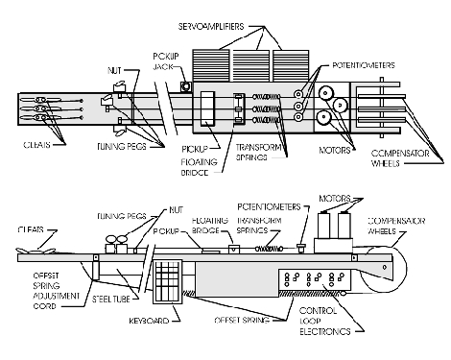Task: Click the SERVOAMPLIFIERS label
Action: tap(211, 26)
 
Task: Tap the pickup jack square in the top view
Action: tap(185, 86)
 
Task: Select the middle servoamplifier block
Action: tap(250, 66)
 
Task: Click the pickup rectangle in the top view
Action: tap(207, 108)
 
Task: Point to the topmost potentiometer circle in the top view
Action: tap(298, 94)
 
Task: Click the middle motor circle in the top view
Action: tap(340, 105)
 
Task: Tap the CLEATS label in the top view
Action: tap(36, 145)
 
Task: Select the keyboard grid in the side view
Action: tap(167, 281)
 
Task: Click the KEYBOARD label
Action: tap(149, 321)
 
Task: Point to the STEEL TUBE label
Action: tap(111, 300)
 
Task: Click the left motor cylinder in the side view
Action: tap(323, 226)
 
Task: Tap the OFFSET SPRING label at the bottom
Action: tap(242, 320)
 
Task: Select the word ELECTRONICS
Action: tap(325, 331)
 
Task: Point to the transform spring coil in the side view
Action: tap(269, 249)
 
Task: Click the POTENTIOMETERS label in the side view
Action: tap(269, 207)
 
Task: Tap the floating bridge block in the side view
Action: tap(234, 249)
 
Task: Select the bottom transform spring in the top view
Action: tap(266, 120)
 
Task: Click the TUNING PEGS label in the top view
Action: tap(122, 146)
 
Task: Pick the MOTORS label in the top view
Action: tap(335, 150)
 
